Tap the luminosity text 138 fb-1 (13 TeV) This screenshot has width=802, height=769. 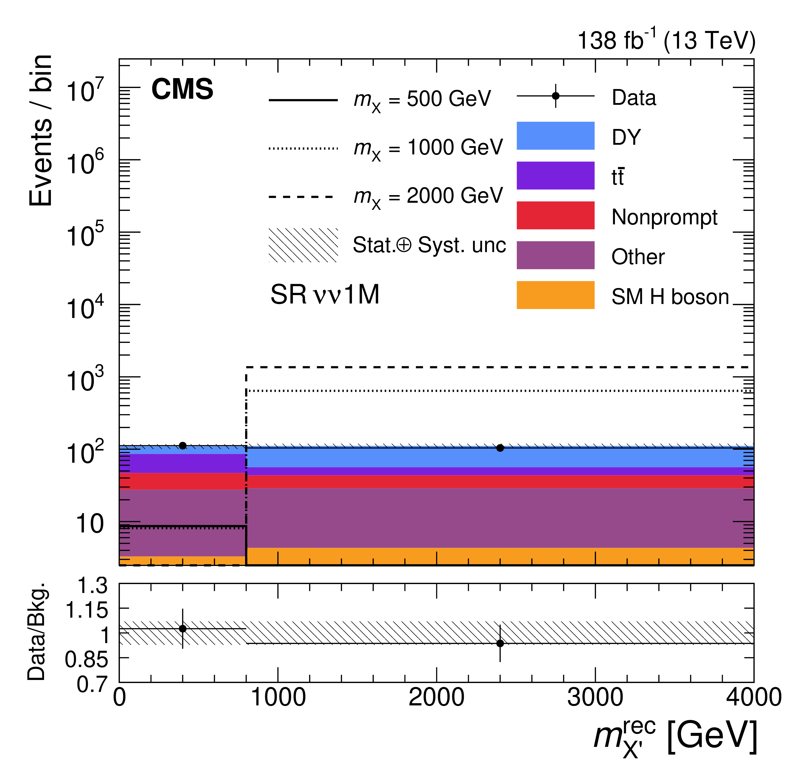pyautogui.click(x=666, y=40)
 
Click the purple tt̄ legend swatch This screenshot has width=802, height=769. pyautogui.click(x=555, y=176)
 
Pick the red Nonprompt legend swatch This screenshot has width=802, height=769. pyautogui.click(x=555, y=215)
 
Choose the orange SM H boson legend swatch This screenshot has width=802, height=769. pyautogui.click(x=555, y=295)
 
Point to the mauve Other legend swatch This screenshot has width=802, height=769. pyautogui.click(x=555, y=255)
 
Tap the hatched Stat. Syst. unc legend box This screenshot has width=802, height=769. pyautogui.click(x=303, y=245)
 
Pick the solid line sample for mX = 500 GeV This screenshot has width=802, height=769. pyautogui.click(x=303, y=100)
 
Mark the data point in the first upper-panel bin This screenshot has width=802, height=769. pyautogui.click(x=183, y=445)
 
